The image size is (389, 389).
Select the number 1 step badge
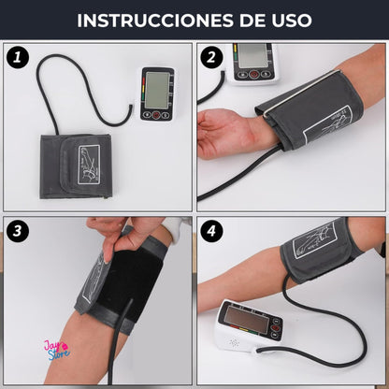[16, 58]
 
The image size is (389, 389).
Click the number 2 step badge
[211, 57]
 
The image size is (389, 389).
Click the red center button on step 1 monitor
[156, 115]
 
